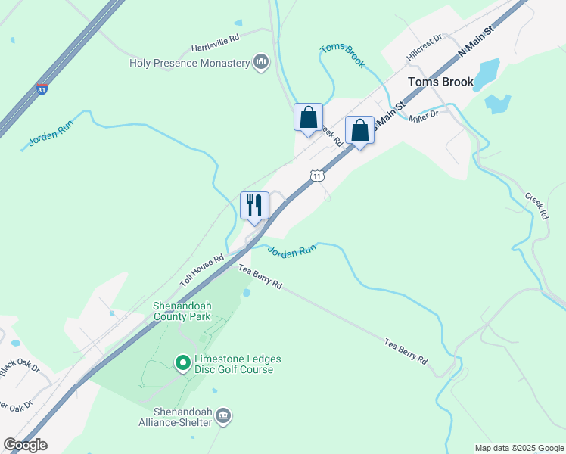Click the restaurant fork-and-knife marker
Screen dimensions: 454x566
coord(254,206)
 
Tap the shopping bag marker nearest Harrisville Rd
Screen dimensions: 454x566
coord(308,118)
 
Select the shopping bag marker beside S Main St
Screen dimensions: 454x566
coord(359,130)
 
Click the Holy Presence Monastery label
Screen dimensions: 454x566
coord(189,63)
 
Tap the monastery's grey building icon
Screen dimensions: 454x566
coord(261,62)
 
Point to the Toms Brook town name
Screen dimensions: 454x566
coord(440,82)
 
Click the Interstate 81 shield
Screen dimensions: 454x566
coord(42,90)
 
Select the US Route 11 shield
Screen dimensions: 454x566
coord(317,176)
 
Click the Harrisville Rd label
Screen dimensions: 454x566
coord(215,36)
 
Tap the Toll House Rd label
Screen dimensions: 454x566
coord(202,269)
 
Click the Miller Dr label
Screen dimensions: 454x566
coord(424,116)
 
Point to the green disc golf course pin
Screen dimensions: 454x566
coord(182,364)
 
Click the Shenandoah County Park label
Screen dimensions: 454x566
coord(182,311)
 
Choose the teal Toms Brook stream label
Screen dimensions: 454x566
coord(343,56)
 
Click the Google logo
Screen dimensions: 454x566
coord(25,445)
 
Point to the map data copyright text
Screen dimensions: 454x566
coord(519,448)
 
